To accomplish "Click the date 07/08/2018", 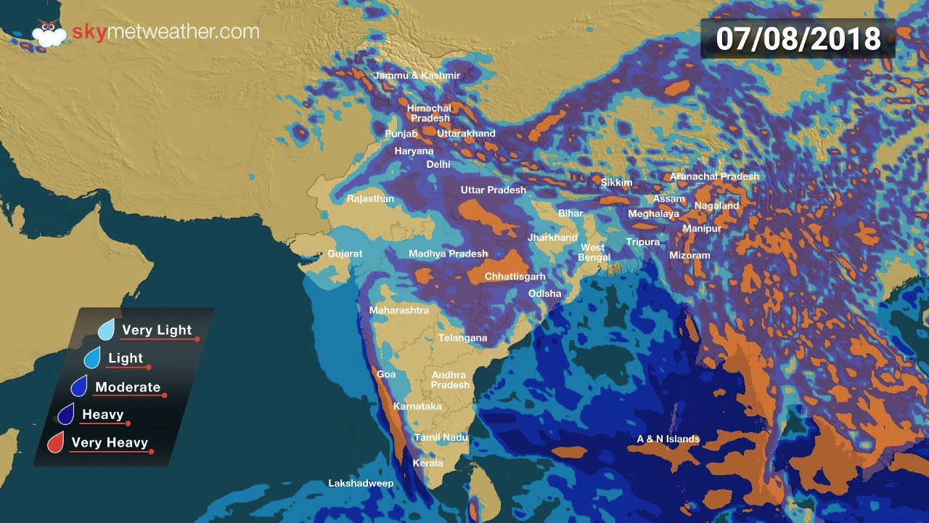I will point(798,38).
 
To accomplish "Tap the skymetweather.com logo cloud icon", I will point(49,34).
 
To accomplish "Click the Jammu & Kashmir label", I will point(417,76).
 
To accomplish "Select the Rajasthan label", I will point(370,199).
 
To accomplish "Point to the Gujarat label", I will point(345,254).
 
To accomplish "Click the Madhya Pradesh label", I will point(448,254).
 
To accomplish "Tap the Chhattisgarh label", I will point(515,277).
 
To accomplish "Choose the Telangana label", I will point(462,338).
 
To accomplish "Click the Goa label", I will point(386,374).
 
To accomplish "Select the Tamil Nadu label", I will point(441,438).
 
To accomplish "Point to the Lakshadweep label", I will point(361,484).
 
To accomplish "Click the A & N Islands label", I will point(668,439).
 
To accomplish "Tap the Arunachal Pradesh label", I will point(714,177).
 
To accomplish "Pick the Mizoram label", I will point(689,256).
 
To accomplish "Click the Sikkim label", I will point(616,183).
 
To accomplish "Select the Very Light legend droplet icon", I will point(107,331).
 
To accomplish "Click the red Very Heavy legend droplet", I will point(56,442).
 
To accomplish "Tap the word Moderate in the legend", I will point(128,387).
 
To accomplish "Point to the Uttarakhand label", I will point(466,134).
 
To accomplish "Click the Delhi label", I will point(438,165).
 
